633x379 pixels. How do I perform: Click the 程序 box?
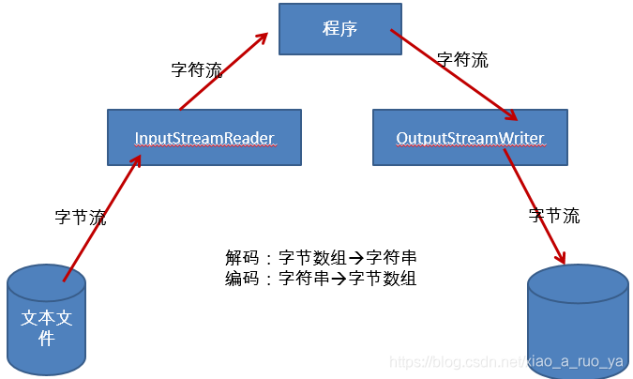[x=340, y=28]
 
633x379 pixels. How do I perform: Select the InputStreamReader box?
[x=204, y=138]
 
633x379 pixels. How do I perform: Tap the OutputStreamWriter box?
[x=470, y=138]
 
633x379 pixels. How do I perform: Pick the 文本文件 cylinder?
[x=46, y=319]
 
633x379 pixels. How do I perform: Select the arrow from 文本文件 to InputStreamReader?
[x=102, y=218]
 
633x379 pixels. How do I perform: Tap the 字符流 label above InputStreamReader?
[x=197, y=69]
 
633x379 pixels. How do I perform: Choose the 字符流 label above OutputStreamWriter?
[x=462, y=59]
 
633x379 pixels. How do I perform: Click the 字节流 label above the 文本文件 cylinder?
[x=81, y=218]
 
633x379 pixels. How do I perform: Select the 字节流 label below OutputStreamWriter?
[x=554, y=216]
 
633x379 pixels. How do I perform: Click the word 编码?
[x=241, y=279]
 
